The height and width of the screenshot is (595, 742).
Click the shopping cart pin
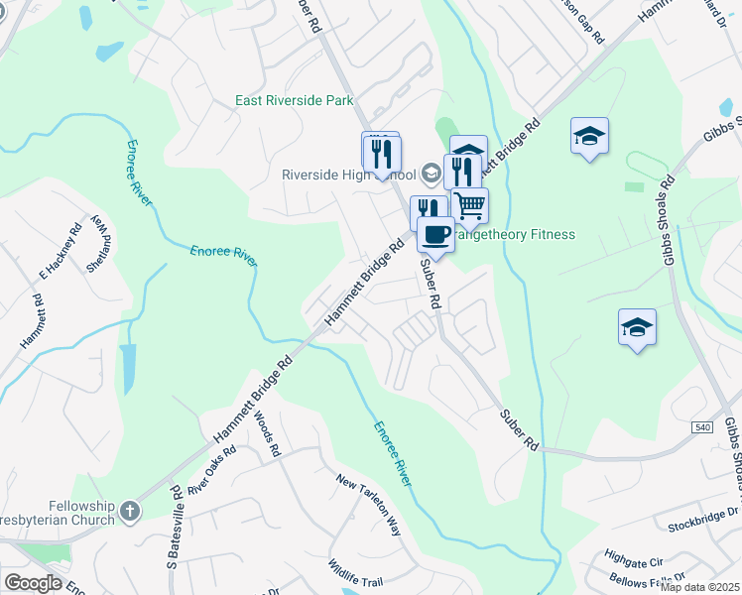470,205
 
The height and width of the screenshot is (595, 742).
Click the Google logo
33,583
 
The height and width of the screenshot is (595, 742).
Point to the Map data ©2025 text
700,587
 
